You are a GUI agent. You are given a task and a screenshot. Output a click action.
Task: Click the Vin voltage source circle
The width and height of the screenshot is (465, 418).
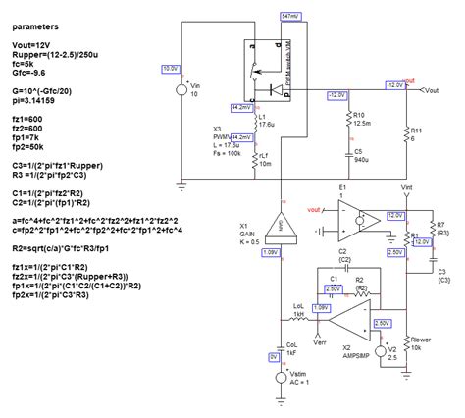point(183,90)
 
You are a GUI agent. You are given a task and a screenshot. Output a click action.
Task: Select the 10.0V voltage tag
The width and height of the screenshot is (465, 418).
point(170,69)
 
